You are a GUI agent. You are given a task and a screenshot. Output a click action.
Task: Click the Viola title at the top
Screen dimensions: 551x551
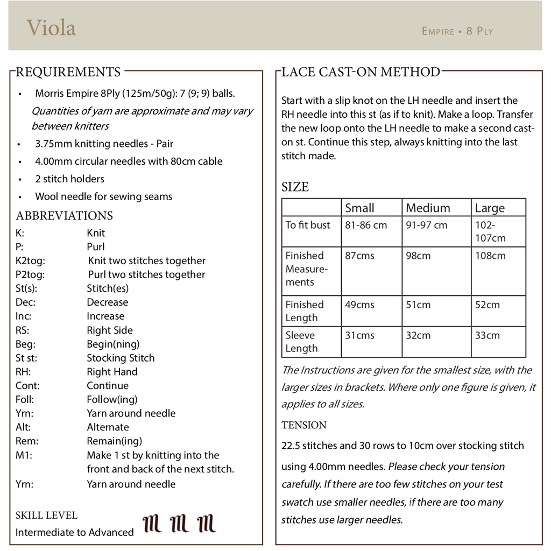point(51,27)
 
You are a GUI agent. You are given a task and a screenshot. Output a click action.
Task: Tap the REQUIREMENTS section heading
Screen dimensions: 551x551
point(68,72)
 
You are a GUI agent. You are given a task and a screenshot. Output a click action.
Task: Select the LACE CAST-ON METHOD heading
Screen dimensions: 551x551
point(361,72)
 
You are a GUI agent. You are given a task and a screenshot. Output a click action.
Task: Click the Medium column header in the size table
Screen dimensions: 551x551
point(428,208)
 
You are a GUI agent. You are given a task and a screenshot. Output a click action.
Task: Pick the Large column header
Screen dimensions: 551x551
point(490,208)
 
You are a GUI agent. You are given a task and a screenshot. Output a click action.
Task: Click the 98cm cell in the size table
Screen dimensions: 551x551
point(418,256)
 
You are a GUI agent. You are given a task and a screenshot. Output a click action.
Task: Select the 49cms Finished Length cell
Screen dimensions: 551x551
point(359,305)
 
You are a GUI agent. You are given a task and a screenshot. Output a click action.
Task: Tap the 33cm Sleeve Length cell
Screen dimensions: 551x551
point(487,335)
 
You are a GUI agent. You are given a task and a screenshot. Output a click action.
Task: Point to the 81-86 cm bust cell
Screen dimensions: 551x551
point(366,225)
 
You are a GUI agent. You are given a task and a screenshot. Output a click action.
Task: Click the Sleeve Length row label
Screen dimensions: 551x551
point(301,342)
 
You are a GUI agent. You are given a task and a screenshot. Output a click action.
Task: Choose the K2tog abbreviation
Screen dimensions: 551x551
point(31,261)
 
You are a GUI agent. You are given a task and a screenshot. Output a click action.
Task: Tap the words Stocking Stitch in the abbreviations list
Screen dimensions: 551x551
point(121,358)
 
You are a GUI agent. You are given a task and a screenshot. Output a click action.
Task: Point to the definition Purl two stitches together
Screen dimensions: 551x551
point(146,274)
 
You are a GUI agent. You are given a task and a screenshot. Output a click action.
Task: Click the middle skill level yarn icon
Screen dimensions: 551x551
point(179,523)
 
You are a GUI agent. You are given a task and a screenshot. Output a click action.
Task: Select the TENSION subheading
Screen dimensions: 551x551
point(304,425)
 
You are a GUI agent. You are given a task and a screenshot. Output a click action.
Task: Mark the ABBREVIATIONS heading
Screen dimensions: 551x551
point(65,216)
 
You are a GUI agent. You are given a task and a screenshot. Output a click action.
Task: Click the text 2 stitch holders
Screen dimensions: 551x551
point(69,179)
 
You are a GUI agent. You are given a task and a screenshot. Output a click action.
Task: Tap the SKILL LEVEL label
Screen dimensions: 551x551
point(46,515)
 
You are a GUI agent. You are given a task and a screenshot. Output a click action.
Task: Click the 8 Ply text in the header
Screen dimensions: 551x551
point(480,31)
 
